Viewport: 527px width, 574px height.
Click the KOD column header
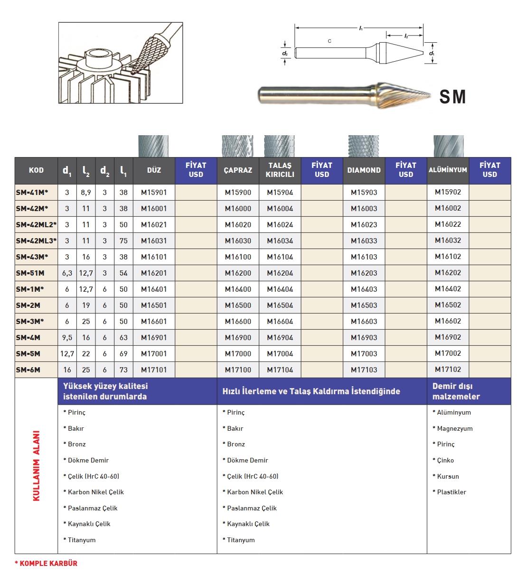coord(36,170)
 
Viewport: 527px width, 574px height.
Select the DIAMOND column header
coord(364,170)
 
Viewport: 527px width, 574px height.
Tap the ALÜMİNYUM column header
coord(448,170)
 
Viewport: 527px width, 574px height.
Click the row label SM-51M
coord(30,273)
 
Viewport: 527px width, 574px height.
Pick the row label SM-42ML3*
coord(36,241)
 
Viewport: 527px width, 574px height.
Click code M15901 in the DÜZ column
coord(154,193)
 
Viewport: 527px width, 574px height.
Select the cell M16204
coord(280,273)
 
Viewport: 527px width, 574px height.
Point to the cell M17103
coord(364,370)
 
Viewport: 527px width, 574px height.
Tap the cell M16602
coord(448,321)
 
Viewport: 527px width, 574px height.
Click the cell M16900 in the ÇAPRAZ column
coord(238,338)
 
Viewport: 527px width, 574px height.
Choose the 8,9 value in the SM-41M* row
coord(86,193)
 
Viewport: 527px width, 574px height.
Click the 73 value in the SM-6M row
coord(123,370)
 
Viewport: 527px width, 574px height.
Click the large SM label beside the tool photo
coord(452,97)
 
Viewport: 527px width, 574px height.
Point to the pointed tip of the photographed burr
coord(429,95)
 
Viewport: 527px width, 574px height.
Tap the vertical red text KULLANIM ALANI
coord(37,466)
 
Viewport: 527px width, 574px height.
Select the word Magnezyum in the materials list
coord(454,429)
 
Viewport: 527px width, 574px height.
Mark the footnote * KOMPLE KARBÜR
coord(46,564)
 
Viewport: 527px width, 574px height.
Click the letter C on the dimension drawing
coord(329,41)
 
